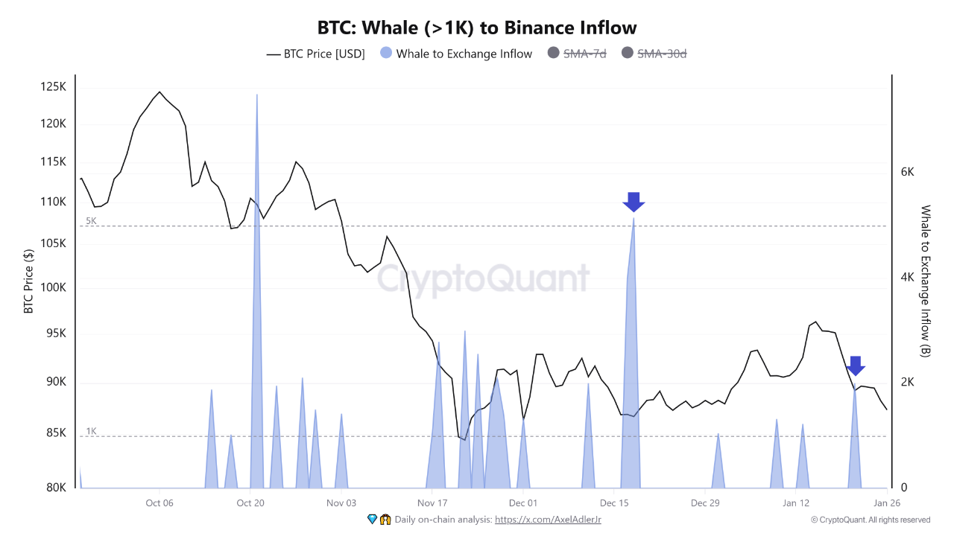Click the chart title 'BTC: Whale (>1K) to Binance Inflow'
click(477, 28)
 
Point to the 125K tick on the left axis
click(53, 87)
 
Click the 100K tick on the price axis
click(53, 288)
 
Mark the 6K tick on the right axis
click(907, 172)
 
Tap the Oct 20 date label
click(250, 503)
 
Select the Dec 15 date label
click(614, 503)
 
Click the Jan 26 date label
click(885, 503)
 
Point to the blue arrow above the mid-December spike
click(634, 202)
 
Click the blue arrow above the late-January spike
click(856, 366)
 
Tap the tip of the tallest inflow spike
click(257, 95)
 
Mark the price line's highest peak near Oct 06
click(159, 92)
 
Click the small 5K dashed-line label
click(91, 221)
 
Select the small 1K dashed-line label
click(91, 431)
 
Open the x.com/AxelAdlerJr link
click(548, 520)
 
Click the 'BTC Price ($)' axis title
click(29, 281)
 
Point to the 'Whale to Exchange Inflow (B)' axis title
click(926, 281)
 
